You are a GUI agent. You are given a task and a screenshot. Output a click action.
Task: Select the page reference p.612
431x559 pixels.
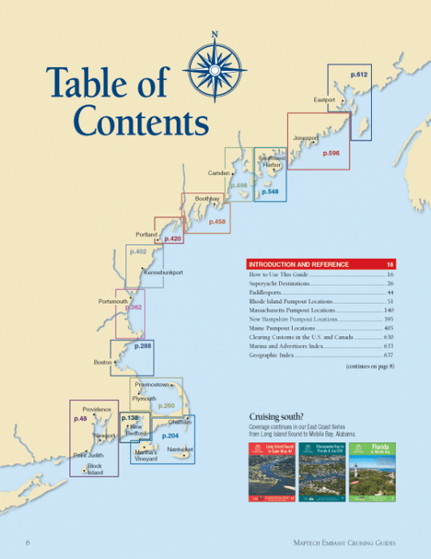(x=359, y=75)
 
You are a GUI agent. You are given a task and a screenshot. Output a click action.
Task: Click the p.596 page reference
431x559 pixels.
(x=331, y=153)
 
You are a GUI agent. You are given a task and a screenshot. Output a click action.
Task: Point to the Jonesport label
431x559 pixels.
(x=306, y=138)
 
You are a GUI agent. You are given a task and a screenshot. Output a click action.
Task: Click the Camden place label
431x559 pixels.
(x=219, y=173)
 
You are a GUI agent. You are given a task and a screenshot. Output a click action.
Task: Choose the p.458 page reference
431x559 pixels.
(x=218, y=221)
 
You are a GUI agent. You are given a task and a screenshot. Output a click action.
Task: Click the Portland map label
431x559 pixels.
(x=146, y=235)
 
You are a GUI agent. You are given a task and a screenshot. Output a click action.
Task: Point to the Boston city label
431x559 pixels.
(x=102, y=363)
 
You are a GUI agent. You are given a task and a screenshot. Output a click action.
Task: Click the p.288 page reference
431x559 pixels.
(x=142, y=346)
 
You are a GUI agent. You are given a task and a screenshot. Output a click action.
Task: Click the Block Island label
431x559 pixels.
(x=95, y=469)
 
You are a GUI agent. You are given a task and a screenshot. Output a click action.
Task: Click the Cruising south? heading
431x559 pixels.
(x=273, y=417)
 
